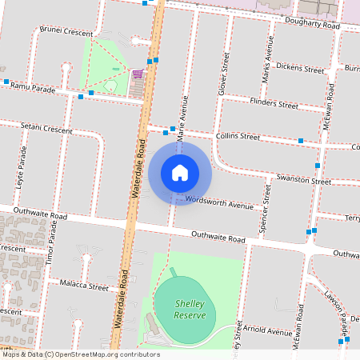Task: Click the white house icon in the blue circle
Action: click(180, 172)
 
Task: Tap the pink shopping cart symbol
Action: click(138, 74)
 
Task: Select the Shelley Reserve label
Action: click(190, 310)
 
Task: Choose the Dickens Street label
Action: click(298, 69)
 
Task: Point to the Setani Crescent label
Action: click(46, 128)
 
